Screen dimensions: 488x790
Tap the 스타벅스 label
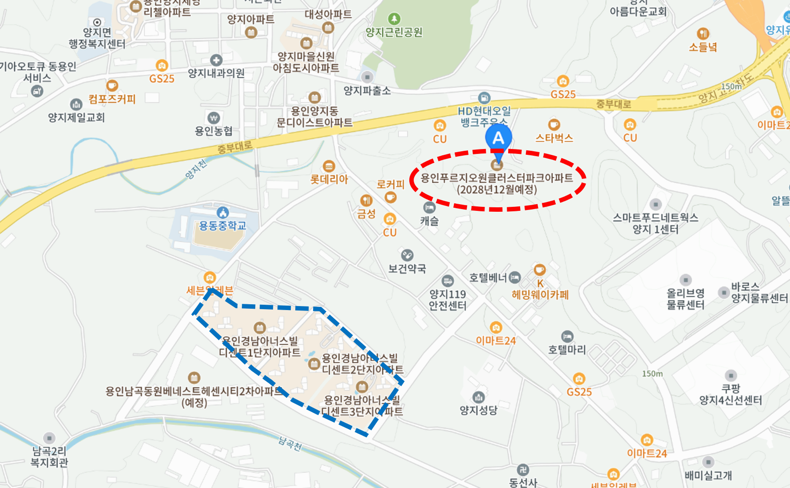tap(554, 138)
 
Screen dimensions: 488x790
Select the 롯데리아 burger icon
tap(329, 167)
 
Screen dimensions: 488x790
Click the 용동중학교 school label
tap(222, 226)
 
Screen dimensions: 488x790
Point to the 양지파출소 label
tap(367, 91)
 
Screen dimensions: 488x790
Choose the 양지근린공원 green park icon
tap(394, 19)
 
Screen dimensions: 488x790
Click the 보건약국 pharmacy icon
tap(407, 255)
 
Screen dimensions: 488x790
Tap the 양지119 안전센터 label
tap(448, 300)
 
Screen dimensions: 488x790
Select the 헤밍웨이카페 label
tap(540, 294)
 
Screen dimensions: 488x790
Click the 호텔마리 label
tap(566, 350)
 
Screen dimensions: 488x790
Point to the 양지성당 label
tap(479, 410)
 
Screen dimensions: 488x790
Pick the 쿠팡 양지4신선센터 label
tap(730, 395)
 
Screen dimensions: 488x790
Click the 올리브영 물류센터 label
tap(685, 299)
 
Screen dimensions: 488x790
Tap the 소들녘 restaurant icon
tap(703, 34)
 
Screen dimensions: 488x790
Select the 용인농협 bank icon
tap(214, 118)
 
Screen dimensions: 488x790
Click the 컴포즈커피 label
tap(112, 99)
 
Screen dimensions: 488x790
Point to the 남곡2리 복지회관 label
tap(49, 457)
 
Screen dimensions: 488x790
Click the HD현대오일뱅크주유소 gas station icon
tap(484, 98)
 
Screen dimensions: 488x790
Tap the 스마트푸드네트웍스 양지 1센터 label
tap(655, 223)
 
